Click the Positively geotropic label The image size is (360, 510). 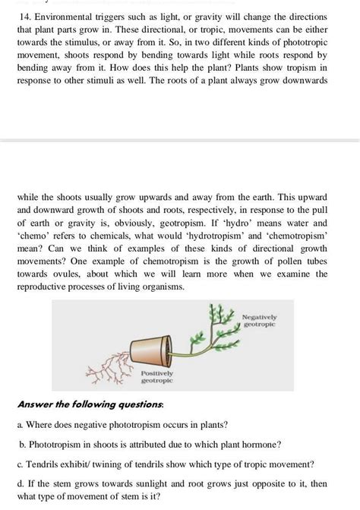pos(157,377)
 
